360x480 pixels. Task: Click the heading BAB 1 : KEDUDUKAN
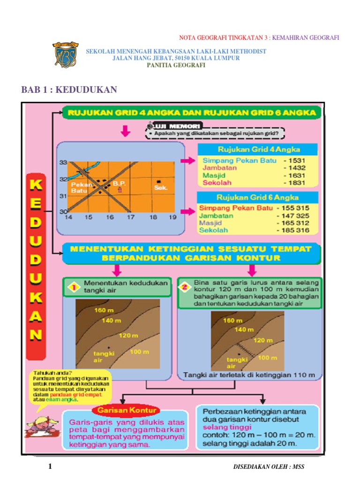[69, 90]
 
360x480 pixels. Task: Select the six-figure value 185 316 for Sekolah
[295, 231]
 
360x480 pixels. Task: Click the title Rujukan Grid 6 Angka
[258, 197]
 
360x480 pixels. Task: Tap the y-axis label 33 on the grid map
[63, 163]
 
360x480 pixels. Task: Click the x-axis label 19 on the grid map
[173, 217]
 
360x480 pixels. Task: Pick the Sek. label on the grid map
[161, 187]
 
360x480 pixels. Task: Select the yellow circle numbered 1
[73, 287]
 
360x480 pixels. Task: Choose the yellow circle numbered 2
[185, 287]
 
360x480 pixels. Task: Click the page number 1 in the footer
[50, 467]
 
